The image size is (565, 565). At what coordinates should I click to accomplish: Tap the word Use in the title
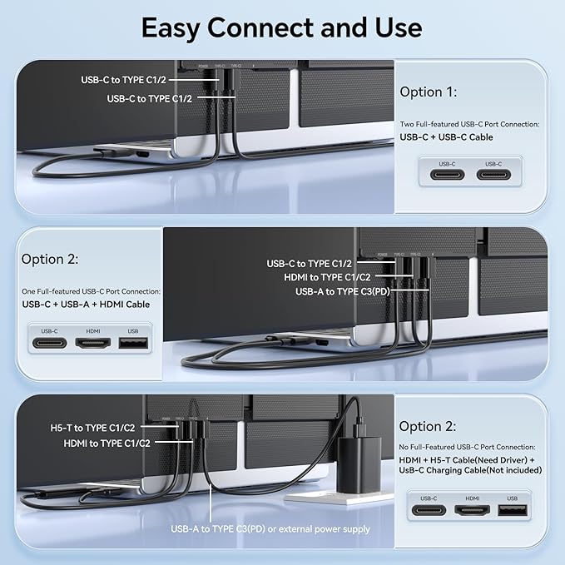click(398, 27)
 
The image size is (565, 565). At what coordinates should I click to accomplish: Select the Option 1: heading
click(428, 92)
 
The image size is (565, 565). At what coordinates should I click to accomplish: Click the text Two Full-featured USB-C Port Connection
click(469, 124)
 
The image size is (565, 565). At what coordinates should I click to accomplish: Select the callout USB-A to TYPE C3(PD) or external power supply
click(270, 528)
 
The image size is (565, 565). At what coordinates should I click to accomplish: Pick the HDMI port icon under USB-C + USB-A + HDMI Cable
click(92, 341)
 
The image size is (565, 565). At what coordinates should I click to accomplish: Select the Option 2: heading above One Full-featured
click(50, 259)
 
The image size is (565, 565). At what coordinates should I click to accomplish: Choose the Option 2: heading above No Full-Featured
click(428, 426)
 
